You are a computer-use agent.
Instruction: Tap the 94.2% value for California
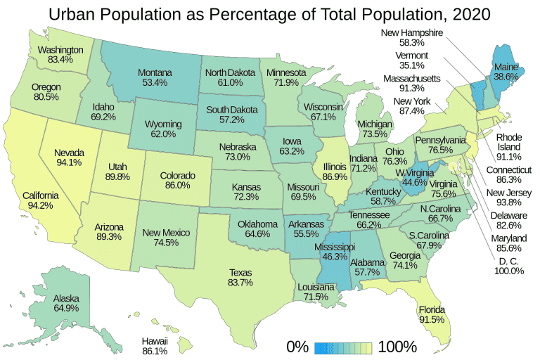[39, 206]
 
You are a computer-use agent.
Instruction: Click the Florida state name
[432, 309]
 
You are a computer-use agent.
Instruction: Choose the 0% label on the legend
[298, 347]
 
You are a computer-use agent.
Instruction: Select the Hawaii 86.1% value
[153, 349]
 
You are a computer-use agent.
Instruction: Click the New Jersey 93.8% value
[506, 203]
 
